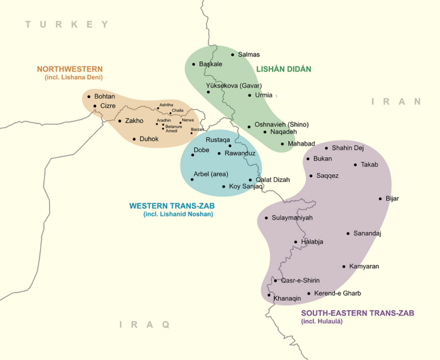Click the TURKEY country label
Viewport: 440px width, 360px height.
click(66, 24)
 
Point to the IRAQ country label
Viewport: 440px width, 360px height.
click(144, 324)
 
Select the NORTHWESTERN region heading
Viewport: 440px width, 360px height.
click(70, 69)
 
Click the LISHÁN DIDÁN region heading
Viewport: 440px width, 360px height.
click(284, 69)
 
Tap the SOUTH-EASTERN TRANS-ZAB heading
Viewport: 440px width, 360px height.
click(357, 313)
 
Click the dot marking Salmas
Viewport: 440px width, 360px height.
click(233, 54)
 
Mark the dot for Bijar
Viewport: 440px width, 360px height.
click(380, 199)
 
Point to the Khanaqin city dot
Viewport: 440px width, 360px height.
click(269, 295)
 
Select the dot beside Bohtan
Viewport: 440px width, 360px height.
click(89, 96)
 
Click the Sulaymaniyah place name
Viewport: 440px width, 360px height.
click(292, 218)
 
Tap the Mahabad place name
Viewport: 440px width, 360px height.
click(301, 143)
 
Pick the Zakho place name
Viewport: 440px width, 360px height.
click(134, 120)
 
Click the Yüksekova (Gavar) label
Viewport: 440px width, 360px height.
click(230, 85)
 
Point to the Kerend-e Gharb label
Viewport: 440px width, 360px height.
click(337, 294)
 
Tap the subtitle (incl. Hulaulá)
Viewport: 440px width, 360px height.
click(321, 322)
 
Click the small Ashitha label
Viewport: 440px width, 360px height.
click(166, 105)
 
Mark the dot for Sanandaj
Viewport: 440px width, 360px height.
click(348, 233)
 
